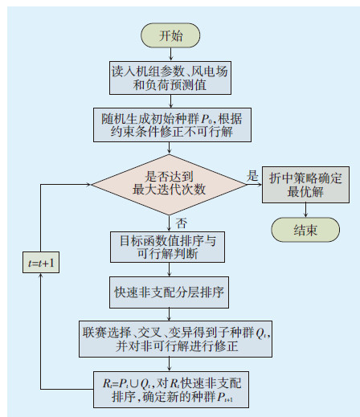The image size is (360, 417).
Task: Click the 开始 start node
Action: pyautogui.click(x=170, y=35)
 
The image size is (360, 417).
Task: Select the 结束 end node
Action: pyautogui.click(x=305, y=231)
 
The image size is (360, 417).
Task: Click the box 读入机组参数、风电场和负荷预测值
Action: pyautogui.click(x=170, y=77)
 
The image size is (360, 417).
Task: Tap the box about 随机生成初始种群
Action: pyautogui.click(x=170, y=125)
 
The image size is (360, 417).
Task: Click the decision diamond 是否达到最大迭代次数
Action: pyautogui.click(x=170, y=183)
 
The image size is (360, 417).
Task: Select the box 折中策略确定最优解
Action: pyautogui.click(x=305, y=185)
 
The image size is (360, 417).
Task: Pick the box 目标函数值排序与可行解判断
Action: pyautogui.click(x=170, y=247)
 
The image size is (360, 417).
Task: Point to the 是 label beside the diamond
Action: pyautogui.click(x=252, y=175)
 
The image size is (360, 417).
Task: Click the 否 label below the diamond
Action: pyautogui.click(x=182, y=222)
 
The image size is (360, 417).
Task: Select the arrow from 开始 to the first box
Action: pyautogui.click(x=170, y=54)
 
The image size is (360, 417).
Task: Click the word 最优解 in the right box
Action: pyautogui.click(x=305, y=193)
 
